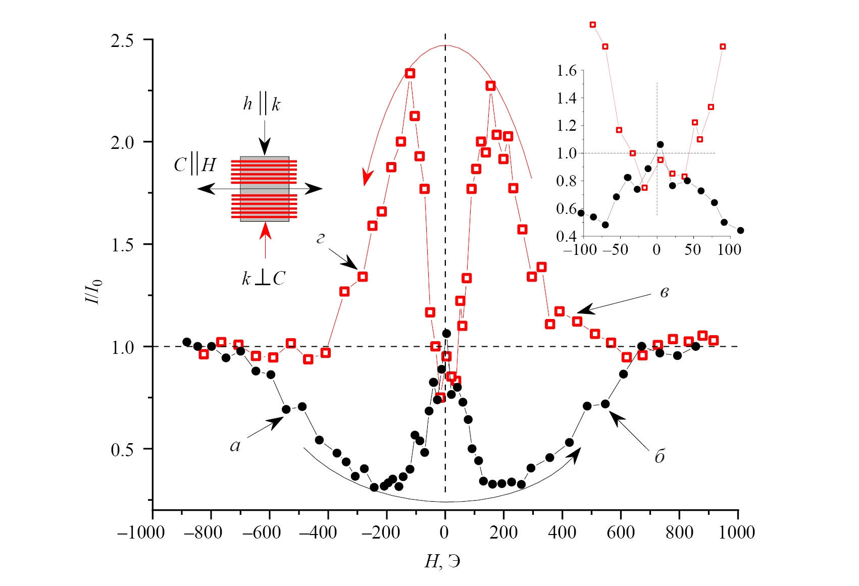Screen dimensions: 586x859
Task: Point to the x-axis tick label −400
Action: coord(318,532)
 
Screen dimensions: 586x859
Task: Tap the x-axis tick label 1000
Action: coord(737,532)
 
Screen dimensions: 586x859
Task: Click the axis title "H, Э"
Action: coord(442,561)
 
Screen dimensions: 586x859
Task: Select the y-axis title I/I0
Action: coord(94,291)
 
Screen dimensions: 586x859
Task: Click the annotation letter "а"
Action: coord(235,446)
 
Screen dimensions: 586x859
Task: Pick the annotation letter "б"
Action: coord(660,457)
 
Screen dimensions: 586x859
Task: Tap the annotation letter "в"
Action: coord(665,293)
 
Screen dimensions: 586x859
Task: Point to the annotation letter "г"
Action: coord(321,238)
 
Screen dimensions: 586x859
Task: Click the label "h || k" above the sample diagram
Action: coord(262,103)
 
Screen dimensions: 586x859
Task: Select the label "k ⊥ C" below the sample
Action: coord(264,279)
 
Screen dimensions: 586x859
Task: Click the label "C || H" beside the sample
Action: coord(195,165)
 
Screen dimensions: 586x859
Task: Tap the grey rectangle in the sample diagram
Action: coord(265,189)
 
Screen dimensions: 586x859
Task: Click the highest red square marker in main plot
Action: coord(410,74)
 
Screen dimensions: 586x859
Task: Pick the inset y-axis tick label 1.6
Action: coord(567,71)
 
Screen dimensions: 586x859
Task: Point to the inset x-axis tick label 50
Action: coord(693,249)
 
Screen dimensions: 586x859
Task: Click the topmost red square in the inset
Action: coord(593,25)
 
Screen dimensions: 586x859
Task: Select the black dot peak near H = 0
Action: coord(446,334)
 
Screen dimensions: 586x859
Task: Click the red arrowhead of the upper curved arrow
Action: coord(368,177)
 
